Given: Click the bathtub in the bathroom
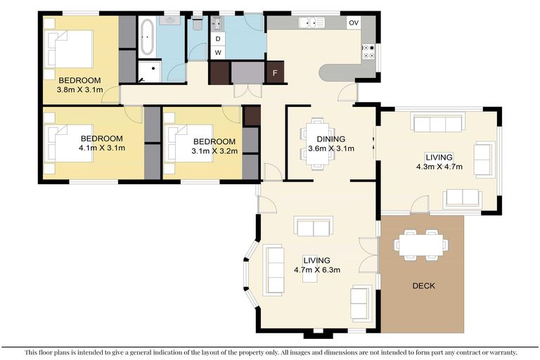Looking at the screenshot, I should click(x=148, y=37).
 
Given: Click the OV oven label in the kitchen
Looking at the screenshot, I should click(x=354, y=23).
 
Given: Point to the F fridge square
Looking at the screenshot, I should click(x=275, y=72).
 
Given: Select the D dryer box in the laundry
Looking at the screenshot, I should click(x=219, y=39).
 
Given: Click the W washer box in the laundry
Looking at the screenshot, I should click(x=219, y=53).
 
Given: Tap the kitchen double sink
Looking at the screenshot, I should click(x=311, y=23).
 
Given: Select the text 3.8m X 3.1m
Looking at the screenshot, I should click(x=79, y=89).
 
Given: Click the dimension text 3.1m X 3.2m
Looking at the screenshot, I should click(x=214, y=150).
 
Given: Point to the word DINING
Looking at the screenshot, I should click(x=330, y=139).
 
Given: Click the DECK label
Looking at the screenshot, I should click(x=423, y=285).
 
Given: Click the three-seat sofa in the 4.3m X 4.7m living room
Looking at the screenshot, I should click(x=437, y=124).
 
